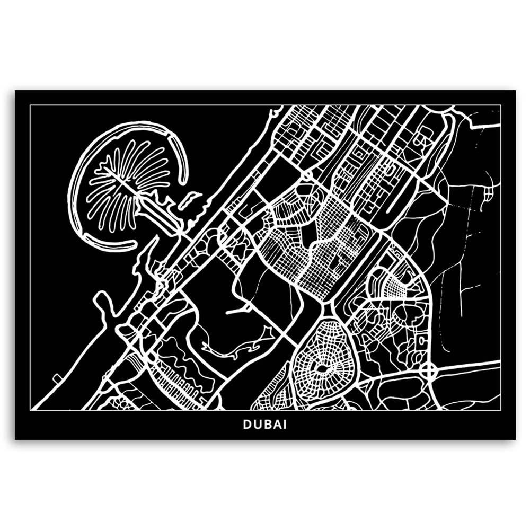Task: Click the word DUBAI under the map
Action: (265, 425)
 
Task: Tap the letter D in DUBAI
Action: (248, 425)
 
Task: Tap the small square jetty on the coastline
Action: (56, 377)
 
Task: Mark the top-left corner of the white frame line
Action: (30, 105)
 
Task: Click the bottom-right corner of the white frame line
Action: (500, 410)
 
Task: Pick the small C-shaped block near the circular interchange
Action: (422, 340)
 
